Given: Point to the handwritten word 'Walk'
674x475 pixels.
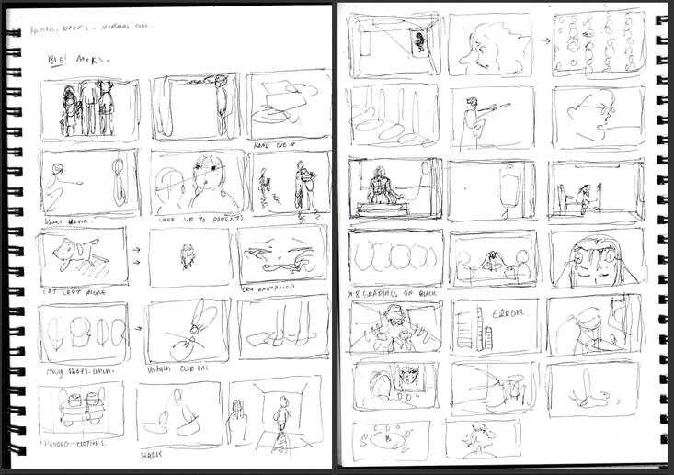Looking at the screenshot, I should (x=151, y=455).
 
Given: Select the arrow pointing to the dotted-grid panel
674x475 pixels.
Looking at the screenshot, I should (x=544, y=40).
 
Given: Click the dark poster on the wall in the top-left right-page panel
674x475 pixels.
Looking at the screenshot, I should (x=420, y=40).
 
